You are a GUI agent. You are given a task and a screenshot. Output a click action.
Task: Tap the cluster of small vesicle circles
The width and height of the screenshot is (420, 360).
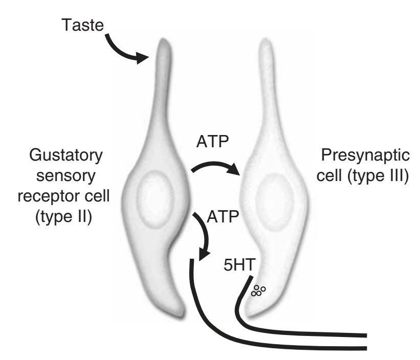(x=257, y=291)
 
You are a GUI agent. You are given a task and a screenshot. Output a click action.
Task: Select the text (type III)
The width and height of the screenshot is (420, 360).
(x=366, y=176)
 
